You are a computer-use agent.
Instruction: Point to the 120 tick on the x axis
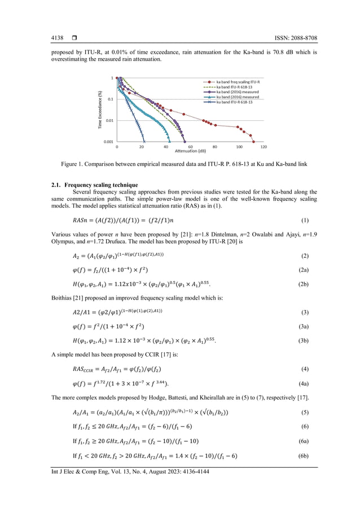[x=264, y=147]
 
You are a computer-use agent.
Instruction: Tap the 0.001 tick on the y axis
[x=107, y=142]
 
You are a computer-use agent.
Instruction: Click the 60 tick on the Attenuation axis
[x=190, y=147]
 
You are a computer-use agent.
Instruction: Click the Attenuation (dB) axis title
[x=190, y=151]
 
